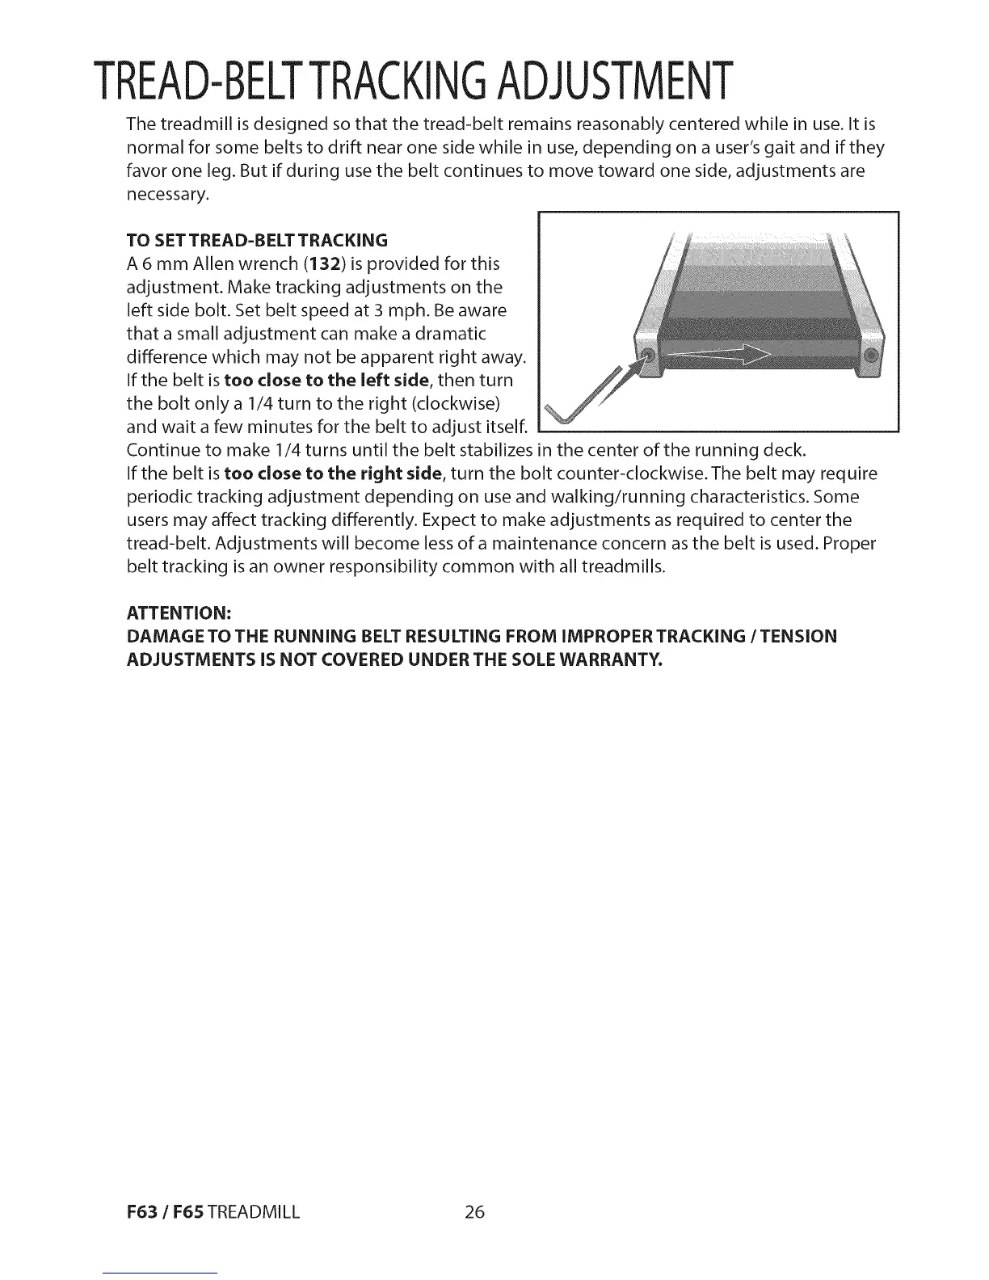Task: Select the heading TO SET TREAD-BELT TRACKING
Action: pyautogui.click(x=257, y=240)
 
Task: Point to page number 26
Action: pyautogui.click(x=474, y=1212)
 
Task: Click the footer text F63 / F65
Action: pyautogui.click(x=165, y=1212)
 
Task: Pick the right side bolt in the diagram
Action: pyautogui.click(x=870, y=356)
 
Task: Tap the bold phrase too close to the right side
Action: pyautogui.click(x=333, y=473)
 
